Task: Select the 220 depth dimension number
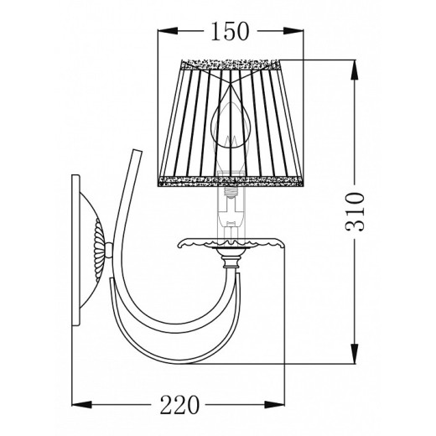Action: [179, 406]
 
